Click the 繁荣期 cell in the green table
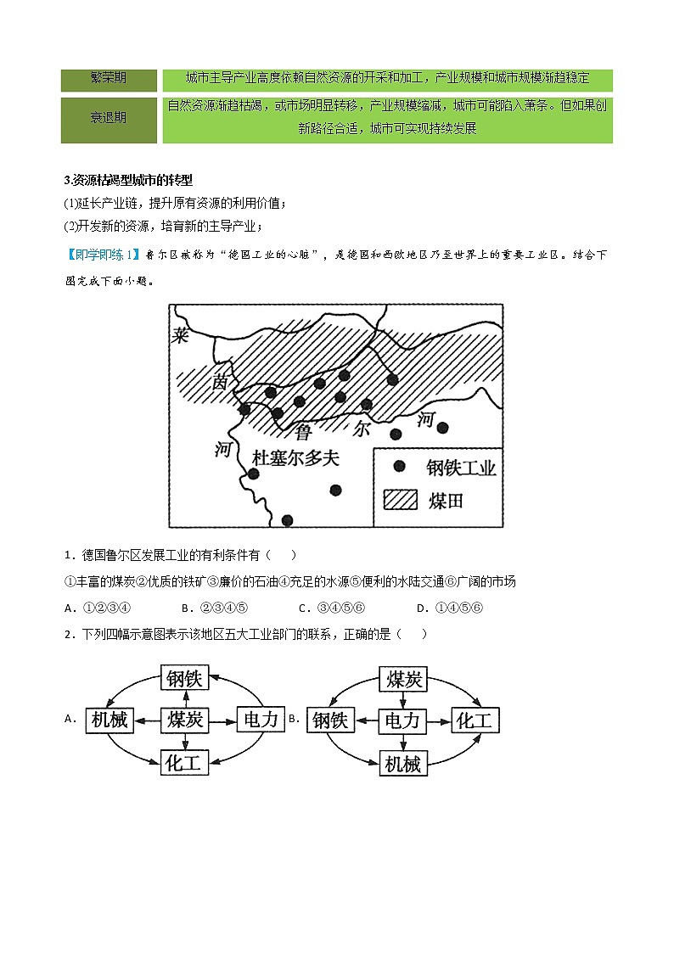pos(109,79)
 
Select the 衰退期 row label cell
pos(109,119)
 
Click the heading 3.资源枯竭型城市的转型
pos(128,180)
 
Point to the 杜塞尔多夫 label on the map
pos(295,458)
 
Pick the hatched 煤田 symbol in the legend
pos(401,499)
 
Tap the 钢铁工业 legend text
pos(461,468)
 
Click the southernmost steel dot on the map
pos(287,520)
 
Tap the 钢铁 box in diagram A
pos(184,678)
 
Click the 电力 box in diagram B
pos(402,720)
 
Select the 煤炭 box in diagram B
pos(402,678)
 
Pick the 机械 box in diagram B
pos(402,763)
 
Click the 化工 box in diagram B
pos(475,720)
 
